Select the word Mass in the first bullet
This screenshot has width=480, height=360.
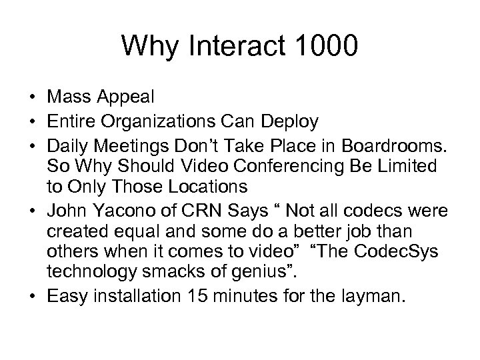click(x=69, y=97)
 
